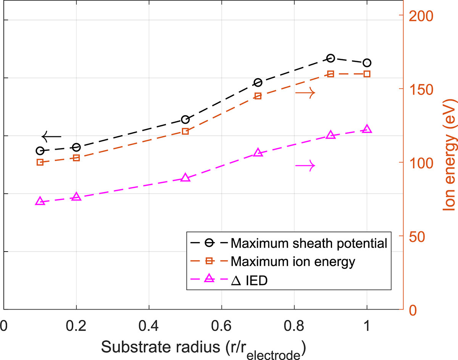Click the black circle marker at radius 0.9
(x=331, y=58)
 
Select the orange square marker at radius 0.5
(x=185, y=131)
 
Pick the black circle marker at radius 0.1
(x=40, y=151)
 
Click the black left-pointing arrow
(x=51, y=136)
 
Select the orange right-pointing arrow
(x=305, y=92)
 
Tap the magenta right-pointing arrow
(x=305, y=165)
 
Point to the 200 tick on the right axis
(x=418, y=15)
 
